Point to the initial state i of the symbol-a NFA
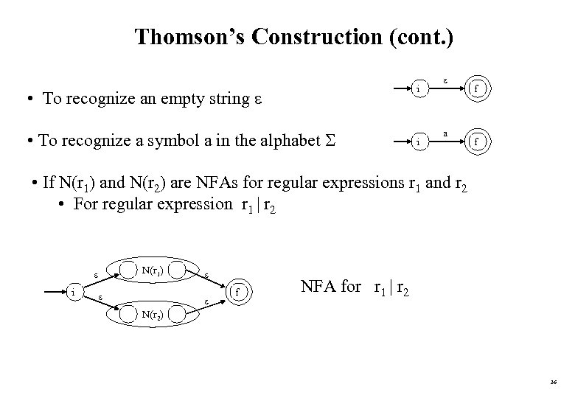[418, 140]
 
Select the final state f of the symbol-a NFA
[476, 140]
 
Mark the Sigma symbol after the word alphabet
[327, 140]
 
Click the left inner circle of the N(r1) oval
[130, 270]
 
